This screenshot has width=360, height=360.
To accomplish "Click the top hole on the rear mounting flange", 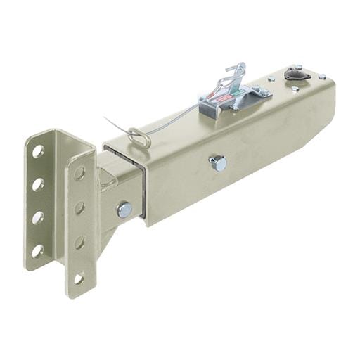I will pyautogui.click(x=38, y=150).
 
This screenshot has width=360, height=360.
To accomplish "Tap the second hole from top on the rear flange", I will pyautogui.click(x=38, y=184).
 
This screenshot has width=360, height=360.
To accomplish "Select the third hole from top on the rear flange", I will pyautogui.click(x=38, y=217).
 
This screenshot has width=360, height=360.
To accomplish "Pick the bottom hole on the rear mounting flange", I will pyautogui.click(x=38, y=250).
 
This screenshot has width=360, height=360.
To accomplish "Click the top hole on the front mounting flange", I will pyautogui.click(x=79, y=173).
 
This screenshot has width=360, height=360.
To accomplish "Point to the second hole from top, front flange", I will pyautogui.click(x=79, y=207).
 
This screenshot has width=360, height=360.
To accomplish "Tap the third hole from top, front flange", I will pyautogui.click(x=79, y=243).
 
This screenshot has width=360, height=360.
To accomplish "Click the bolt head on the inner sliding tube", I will pyautogui.click(x=124, y=209).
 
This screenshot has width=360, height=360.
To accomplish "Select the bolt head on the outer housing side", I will pyautogui.click(x=218, y=163).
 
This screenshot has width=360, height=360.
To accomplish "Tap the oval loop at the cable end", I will pyautogui.click(x=139, y=137).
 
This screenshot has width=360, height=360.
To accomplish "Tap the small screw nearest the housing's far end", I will pyautogui.click(x=321, y=76).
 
